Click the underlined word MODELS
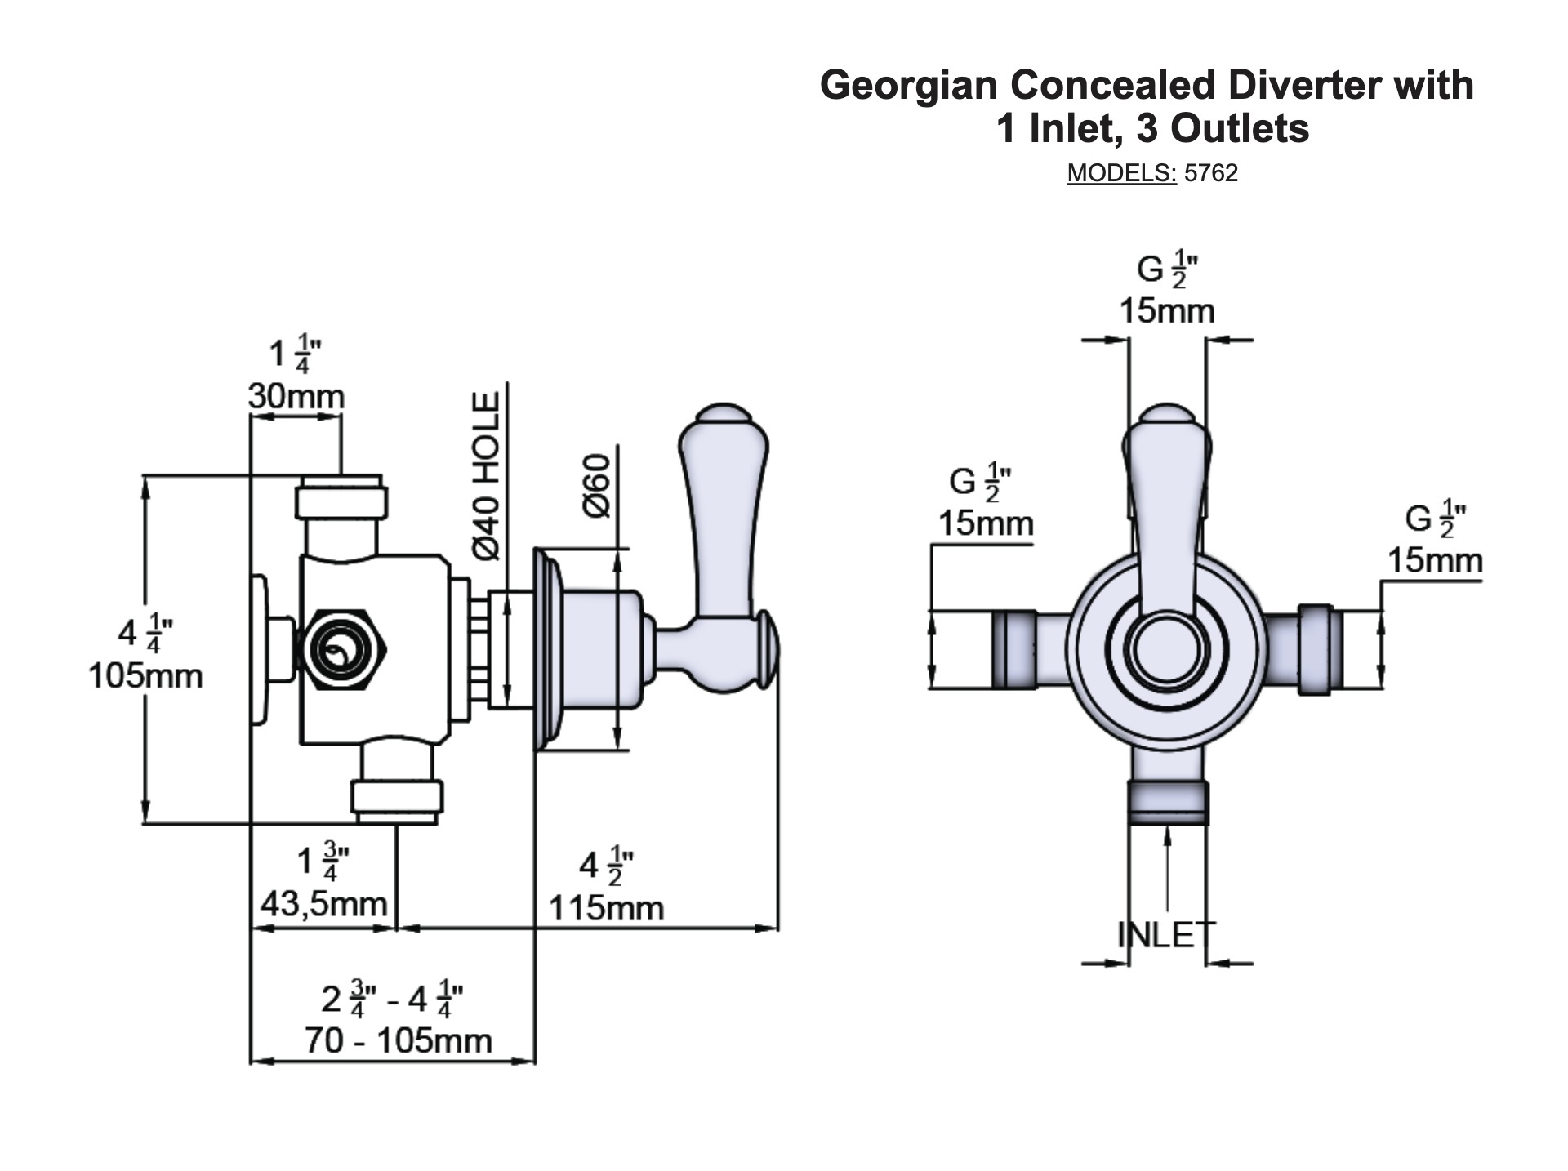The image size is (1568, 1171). [x=1120, y=173]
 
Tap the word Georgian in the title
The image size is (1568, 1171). [x=910, y=85]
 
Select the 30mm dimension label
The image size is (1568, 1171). [x=296, y=397]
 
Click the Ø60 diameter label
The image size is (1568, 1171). [x=598, y=485]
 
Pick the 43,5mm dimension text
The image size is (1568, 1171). [x=323, y=904]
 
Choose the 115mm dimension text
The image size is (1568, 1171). [x=606, y=908]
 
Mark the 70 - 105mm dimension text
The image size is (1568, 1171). [x=399, y=1041]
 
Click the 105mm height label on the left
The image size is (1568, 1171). [x=145, y=676]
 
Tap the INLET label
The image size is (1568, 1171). [x=1166, y=934]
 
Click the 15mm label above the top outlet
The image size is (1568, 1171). [x=1166, y=311]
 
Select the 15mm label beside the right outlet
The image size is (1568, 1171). [x=1435, y=561]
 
